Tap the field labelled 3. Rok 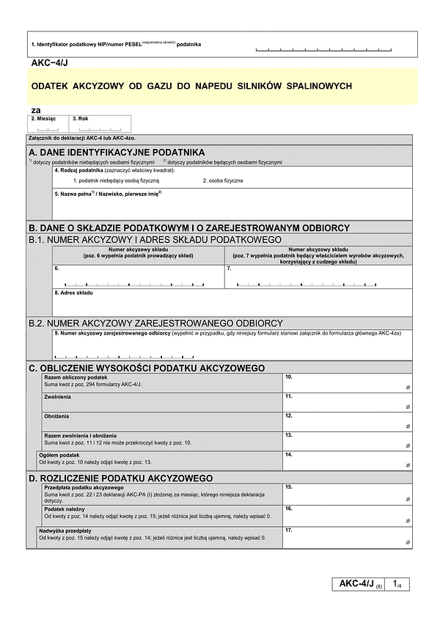coord(100,126)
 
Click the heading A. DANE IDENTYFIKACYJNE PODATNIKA coord(117,152)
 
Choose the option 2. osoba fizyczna coord(223,180)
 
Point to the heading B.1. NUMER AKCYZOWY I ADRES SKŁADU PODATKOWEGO coord(155,239)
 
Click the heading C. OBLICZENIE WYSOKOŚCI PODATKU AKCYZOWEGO coord(146,368)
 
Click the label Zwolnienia coord(58,396)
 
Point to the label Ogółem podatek coord(60,455)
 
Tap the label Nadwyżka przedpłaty coord(66,531)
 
